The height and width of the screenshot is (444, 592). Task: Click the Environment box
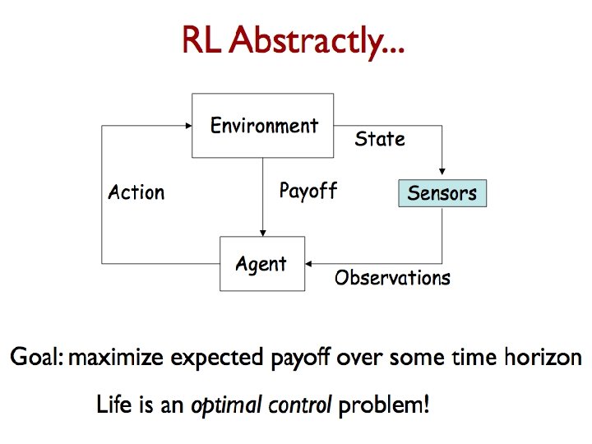(263, 126)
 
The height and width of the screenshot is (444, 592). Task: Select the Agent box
(261, 264)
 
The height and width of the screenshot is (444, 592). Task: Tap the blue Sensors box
(442, 194)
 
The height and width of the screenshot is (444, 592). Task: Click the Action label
(136, 192)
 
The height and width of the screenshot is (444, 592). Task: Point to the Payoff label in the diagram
(308, 192)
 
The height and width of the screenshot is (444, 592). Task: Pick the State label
(380, 139)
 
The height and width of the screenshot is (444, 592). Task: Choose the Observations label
(392, 278)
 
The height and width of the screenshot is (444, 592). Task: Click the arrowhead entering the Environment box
(188, 127)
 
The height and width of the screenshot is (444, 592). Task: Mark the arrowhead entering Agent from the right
(310, 264)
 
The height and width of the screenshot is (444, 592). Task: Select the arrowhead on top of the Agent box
(262, 232)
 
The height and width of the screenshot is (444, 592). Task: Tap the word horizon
(541, 358)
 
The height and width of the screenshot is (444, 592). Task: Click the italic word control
(303, 405)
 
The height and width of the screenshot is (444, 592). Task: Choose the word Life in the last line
(113, 405)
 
